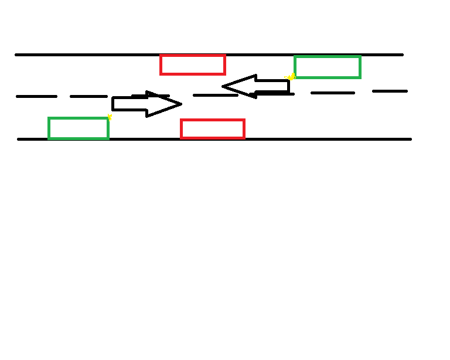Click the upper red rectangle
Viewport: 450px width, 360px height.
pos(193,64)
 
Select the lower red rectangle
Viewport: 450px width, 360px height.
pos(213,129)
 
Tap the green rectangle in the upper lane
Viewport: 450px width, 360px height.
pos(328,67)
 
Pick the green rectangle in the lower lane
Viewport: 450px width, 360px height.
pos(79,128)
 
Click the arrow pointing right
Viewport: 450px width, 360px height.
pos(146,104)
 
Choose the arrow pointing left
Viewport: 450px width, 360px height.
pos(256,86)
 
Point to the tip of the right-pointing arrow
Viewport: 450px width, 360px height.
pos(180,104)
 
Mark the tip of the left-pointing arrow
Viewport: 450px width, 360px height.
pos(223,87)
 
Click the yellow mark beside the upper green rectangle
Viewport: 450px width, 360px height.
pos(291,76)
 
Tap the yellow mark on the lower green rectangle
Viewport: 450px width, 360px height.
pos(109,117)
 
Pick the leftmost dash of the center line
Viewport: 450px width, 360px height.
pos(37,96)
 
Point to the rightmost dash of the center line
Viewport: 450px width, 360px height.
pos(390,91)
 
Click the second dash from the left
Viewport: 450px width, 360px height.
pos(88,96)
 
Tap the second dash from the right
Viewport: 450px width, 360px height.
pos(333,93)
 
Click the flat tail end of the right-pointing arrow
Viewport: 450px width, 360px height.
pos(113,104)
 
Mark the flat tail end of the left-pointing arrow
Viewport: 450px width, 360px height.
pos(288,86)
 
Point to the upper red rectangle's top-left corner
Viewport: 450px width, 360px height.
pos(161,56)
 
